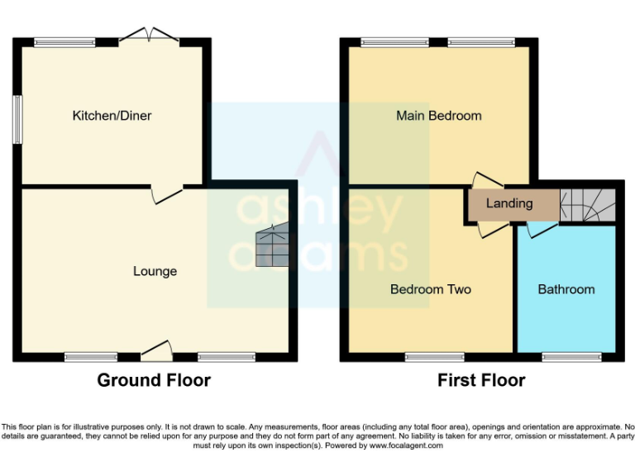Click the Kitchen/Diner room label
112,116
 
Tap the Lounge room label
155,271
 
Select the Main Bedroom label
438,116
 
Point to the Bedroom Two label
430,289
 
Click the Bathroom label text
566,289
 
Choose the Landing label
509,203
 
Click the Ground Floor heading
154,380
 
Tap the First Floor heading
481,380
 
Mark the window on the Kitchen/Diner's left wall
17,121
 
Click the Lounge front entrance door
156,353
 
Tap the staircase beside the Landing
588,203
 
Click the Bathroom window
571,357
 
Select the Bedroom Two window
435,357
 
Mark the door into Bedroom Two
488,229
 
